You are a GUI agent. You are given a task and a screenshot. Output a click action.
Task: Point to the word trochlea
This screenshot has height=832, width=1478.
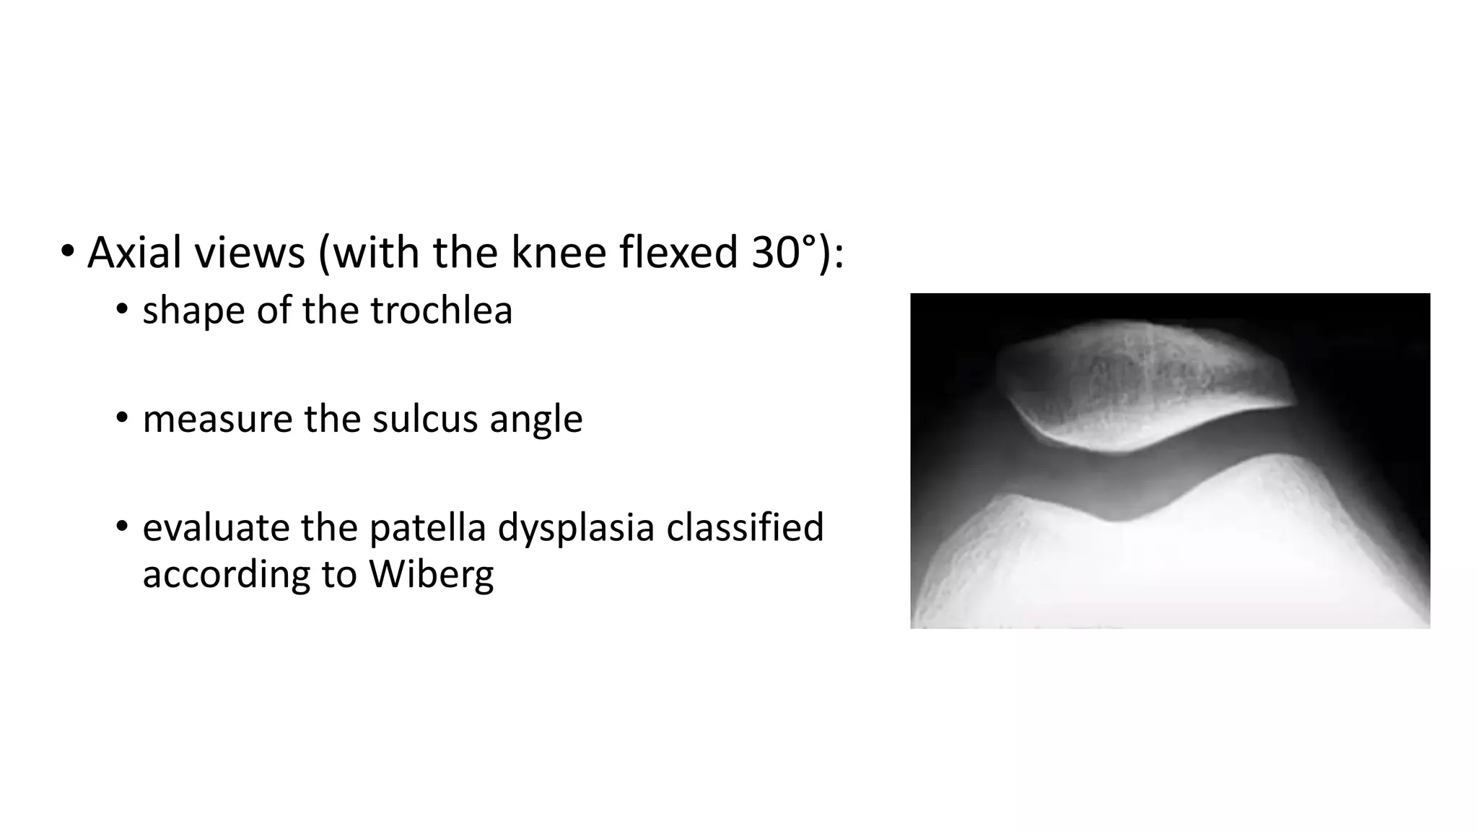pyautogui.click(x=441, y=311)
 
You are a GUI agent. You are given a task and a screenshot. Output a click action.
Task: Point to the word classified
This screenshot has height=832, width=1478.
pyautogui.click(x=745, y=527)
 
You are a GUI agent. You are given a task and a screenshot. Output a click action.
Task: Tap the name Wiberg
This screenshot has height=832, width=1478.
pyautogui.click(x=431, y=576)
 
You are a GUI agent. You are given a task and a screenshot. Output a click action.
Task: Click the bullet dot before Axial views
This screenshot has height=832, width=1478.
pyautogui.click(x=67, y=252)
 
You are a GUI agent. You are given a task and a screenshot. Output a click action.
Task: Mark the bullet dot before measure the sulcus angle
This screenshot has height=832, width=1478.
pyautogui.click(x=122, y=418)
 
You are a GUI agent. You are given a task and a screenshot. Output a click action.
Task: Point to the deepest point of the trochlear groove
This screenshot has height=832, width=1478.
pyautogui.click(x=1115, y=520)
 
